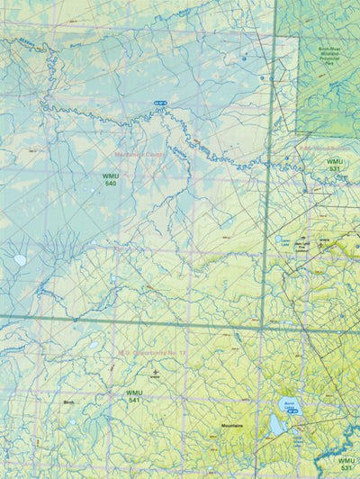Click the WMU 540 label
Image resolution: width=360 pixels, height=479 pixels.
111,179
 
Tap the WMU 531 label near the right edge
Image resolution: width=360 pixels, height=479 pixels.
334,165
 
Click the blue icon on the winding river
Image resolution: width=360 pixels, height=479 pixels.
161,104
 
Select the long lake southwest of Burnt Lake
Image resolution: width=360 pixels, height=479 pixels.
275,422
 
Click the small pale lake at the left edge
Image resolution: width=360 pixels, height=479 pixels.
20,260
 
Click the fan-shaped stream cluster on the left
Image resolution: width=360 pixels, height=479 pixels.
67,244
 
